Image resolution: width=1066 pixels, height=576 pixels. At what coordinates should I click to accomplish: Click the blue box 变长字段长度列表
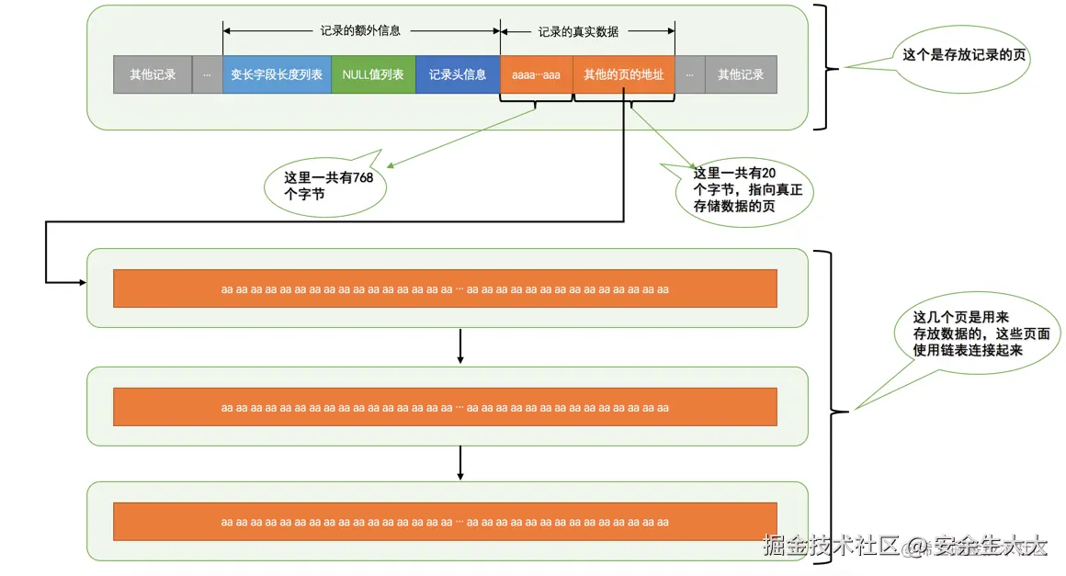(x=277, y=74)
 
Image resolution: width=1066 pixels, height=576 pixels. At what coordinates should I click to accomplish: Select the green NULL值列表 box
(x=373, y=74)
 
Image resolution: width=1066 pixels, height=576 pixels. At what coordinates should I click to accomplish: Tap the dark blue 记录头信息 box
(x=458, y=74)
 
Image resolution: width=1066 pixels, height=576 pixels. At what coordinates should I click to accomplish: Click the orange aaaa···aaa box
(x=536, y=74)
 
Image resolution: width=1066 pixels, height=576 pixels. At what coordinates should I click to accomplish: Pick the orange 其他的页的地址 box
(x=623, y=74)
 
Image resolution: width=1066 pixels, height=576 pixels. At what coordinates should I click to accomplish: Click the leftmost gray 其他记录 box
(x=153, y=74)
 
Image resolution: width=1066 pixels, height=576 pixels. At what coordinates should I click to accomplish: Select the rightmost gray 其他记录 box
(x=741, y=74)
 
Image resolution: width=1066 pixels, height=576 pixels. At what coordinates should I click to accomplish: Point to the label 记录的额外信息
(x=360, y=30)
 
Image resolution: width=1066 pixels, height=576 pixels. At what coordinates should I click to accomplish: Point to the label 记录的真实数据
(x=578, y=31)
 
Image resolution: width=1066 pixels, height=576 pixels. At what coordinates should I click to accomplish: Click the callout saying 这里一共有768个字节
(x=327, y=186)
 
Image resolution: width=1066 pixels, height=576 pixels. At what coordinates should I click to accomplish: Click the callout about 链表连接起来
(x=981, y=334)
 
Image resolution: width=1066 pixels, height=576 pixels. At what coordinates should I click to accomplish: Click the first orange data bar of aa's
(x=445, y=288)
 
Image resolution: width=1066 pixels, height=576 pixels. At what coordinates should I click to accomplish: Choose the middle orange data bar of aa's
(x=445, y=407)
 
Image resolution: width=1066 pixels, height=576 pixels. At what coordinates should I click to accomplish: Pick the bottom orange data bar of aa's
(x=445, y=521)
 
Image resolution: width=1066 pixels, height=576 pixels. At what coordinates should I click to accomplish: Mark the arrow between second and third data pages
(x=459, y=463)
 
